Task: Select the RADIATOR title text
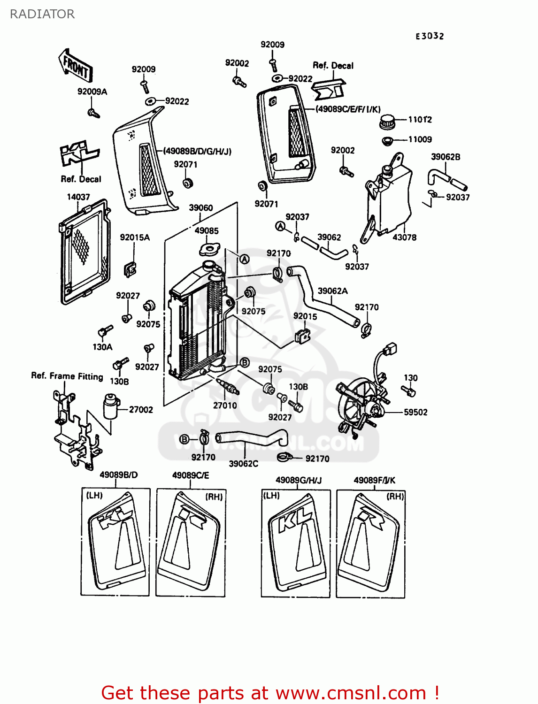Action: pos(42,14)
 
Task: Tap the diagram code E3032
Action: pos(430,36)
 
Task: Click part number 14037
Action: pos(78,197)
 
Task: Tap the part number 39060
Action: pos(201,208)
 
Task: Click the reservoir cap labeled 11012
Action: pos(388,122)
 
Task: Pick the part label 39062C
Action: pos(244,464)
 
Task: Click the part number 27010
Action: pos(225,406)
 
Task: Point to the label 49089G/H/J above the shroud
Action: pos(299,480)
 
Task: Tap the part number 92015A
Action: pos(135,237)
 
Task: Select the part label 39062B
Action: pos(446,157)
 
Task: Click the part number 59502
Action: pos(415,413)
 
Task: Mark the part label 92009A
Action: pos(92,92)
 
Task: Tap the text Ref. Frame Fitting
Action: pos(67,376)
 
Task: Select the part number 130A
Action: pos(102,347)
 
